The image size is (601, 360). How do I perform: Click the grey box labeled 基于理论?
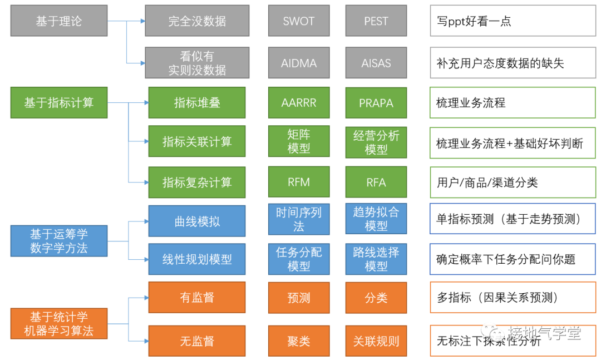59,21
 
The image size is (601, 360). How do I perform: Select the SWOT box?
299,21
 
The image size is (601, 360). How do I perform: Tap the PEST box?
376,21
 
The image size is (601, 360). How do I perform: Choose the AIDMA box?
299,63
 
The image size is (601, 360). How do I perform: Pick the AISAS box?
376,63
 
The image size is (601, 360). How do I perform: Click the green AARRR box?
299,103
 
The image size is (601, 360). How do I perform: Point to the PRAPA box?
376,103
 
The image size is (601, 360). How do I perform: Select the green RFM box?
299,182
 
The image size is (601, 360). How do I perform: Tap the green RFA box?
376,182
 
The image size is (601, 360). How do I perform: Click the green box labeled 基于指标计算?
59,103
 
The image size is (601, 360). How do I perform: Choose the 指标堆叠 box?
197,103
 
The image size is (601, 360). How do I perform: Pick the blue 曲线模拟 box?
197,221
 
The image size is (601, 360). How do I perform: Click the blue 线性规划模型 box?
197,259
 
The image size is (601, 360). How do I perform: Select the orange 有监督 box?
197,298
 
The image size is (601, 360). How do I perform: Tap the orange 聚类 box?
299,341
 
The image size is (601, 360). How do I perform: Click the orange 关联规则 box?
376,341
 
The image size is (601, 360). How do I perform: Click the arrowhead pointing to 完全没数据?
142,21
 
